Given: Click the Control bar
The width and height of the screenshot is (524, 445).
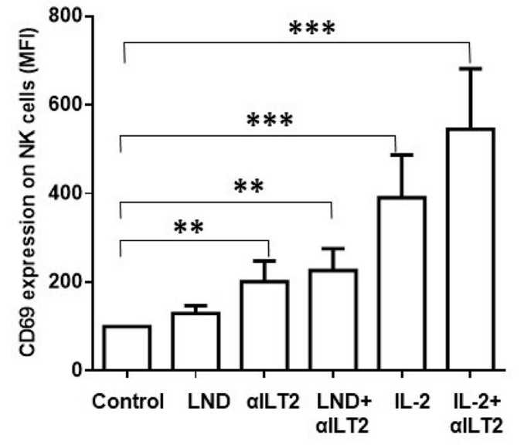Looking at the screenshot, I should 126,348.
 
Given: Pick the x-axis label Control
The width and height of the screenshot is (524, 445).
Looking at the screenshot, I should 127,402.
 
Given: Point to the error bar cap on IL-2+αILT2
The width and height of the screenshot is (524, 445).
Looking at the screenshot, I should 470,69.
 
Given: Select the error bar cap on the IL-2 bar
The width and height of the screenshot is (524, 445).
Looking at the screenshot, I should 401,155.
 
